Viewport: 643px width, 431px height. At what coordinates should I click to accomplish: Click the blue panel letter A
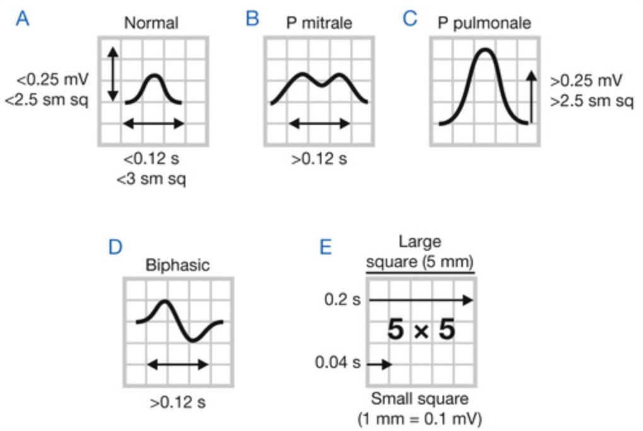[23, 20]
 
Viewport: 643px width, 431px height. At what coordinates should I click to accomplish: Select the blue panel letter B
[252, 20]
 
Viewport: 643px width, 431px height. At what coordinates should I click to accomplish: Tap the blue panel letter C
[410, 20]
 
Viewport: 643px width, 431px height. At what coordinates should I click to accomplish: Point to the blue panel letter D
[115, 246]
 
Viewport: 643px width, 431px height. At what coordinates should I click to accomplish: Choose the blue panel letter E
[325, 246]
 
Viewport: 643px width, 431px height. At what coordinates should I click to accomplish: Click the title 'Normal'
[151, 23]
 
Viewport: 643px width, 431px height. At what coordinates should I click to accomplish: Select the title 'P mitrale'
[318, 23]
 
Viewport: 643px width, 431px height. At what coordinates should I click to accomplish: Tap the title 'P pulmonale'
[484, 23]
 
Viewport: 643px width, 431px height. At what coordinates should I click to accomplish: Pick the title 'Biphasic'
[178, 265]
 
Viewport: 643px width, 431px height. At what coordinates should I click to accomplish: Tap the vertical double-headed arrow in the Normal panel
[112, 74]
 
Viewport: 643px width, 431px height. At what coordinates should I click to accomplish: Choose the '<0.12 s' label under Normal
[151, 159]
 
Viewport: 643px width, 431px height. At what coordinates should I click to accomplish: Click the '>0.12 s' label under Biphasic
[178, 401]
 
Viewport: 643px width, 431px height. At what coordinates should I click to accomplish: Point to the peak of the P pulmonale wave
[484, 50]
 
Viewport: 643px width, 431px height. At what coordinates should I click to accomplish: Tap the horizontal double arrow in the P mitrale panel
[319, 124]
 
